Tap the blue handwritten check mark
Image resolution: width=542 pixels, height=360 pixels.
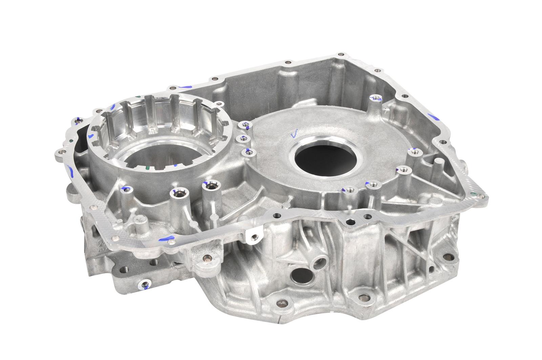coord(294,134)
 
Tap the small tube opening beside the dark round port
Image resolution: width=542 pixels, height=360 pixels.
coord(319,261)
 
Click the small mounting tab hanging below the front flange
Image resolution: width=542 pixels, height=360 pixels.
coord(252,236)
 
